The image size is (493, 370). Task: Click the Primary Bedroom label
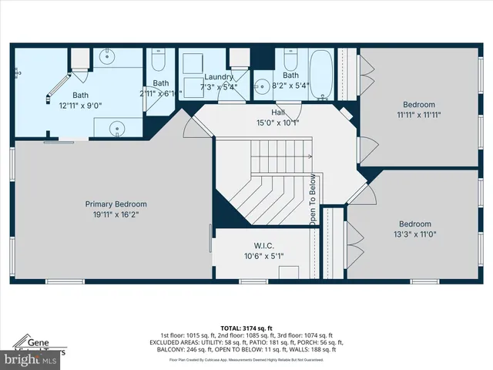[x=116, y=204]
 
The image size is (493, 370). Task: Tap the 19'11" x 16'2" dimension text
[x=116, y=215]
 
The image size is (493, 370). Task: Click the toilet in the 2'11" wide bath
[x=159, y=61]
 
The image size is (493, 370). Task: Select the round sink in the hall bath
[x=263, y=86]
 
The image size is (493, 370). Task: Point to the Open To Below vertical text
[x=314, y=200]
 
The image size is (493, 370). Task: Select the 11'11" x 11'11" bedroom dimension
[x=418, y=115]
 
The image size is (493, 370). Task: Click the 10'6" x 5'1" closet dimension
[x=264, y=257]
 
